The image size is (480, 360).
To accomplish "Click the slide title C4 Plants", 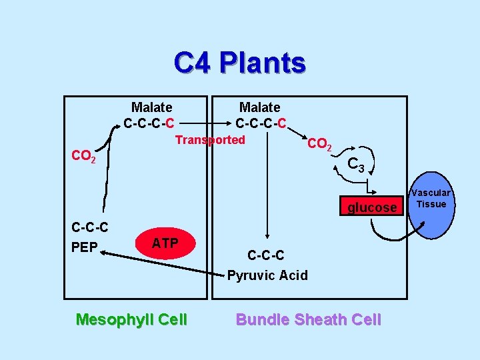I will [239, 63].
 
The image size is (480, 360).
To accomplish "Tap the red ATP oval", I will [165, 243].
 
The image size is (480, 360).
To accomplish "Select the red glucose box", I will [371, 207].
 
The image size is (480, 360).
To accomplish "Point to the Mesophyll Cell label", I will [131, 320].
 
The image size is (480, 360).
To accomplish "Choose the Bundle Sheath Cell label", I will [309, 320].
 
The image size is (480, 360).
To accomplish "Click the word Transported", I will [210, 140].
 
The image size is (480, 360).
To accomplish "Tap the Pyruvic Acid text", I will [267, 275].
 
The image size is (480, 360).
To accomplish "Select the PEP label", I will [85, 247].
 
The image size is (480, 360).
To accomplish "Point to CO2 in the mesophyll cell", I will [84, 157].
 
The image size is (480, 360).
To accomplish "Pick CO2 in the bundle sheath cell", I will [319, 144].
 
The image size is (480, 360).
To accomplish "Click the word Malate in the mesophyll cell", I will [151, 107].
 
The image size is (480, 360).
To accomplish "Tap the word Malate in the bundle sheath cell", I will [260, 107].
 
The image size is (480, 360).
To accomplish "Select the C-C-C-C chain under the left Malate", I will [149, 123].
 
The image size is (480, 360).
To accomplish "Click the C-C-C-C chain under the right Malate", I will [261, 123].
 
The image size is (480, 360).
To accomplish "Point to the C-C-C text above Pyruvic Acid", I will [266, 255].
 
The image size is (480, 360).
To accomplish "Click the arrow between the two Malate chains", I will [205, 123].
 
